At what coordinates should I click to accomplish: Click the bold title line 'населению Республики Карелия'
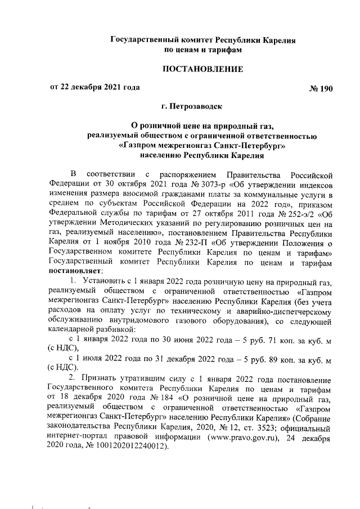[202, 155]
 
